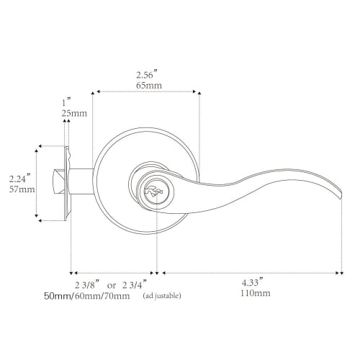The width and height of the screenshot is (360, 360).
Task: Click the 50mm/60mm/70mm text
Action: (86, 296)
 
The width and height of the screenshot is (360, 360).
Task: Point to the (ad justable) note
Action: (162, 296)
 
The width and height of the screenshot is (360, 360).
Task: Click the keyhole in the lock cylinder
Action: (153, 192)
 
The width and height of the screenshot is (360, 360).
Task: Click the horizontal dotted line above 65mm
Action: (146, 92)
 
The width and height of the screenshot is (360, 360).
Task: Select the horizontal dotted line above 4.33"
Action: (251, 273)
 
